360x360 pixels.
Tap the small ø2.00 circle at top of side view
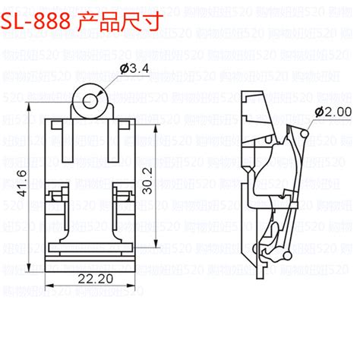(x=304, y=134)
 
